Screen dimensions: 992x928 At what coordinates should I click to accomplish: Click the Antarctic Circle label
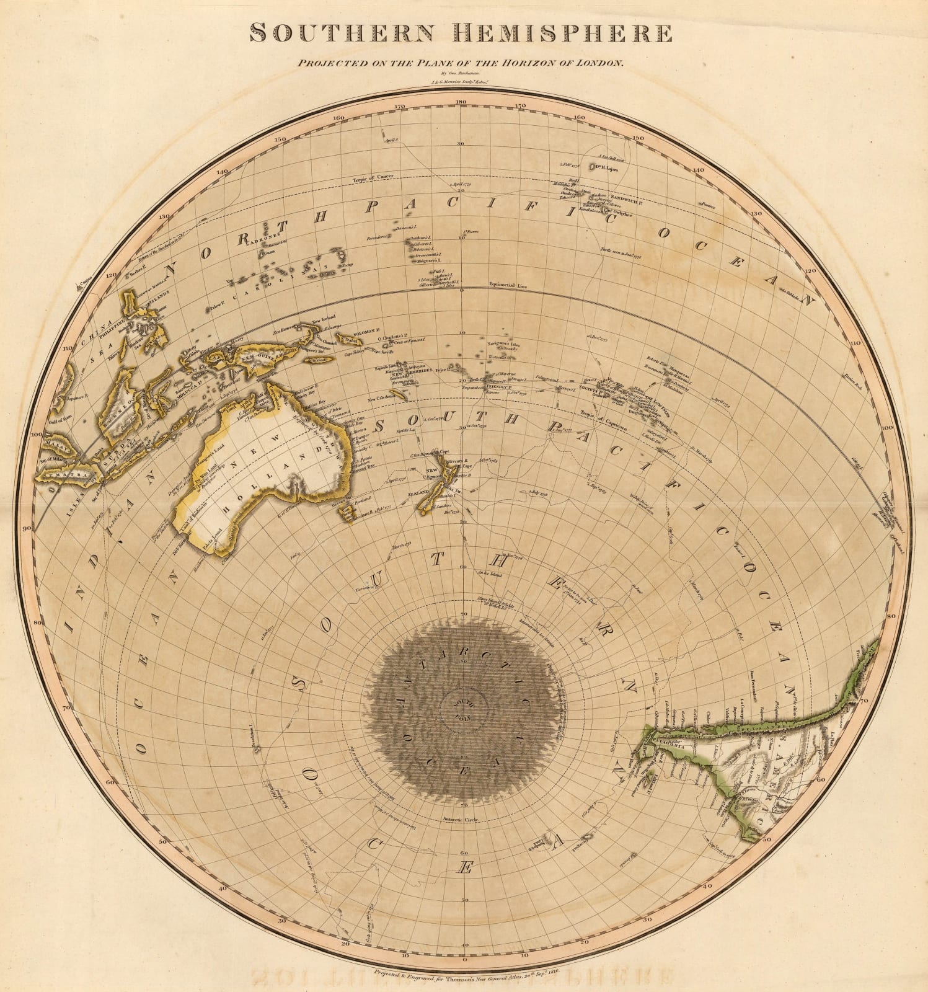tap(460, 819)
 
